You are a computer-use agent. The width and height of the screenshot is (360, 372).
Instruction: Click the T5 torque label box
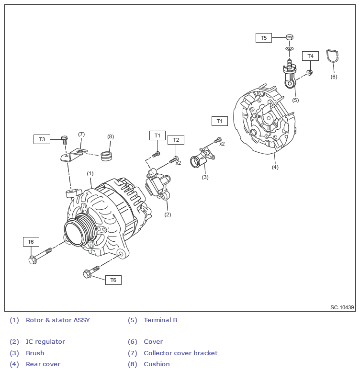pyautogui.click(x=263, y=37)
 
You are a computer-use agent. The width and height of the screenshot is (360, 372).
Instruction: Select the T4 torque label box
pyautogui.click(x=310, y=56)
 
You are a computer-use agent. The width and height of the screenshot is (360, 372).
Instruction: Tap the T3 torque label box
pyautogui.click(x=42, y=139)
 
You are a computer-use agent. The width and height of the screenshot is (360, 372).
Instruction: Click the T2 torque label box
pyautogui.click(x=176, y=140)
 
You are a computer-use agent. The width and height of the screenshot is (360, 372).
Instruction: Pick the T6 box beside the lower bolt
pyautogui.click(x=113, y=280)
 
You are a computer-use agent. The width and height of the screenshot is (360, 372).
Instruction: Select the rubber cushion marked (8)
pyautogui.click(x=109, y=156)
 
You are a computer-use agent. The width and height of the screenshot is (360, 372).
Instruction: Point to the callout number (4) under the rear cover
pyautogui.click(x=275, y=167)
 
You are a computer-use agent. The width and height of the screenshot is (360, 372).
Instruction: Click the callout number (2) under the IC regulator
pyautogui.click(x=168, y=214)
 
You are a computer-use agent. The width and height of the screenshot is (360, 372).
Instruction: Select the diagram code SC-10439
pyautogui.click(x=342, y=307)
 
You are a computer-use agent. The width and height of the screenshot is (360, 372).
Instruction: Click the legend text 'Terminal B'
pyautogui.click(x=160, y=320)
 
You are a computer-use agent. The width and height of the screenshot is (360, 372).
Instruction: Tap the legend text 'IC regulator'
pyautogui.click(x=45, y=342)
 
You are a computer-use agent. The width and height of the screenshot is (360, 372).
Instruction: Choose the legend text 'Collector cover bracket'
pyautogui.click(x=180, y=353)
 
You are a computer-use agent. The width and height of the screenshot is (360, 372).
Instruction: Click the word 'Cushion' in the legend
pyautogui.click(x=157, y=364)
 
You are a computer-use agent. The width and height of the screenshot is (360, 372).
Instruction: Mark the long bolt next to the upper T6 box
pyautogui.click(x=40, y=255)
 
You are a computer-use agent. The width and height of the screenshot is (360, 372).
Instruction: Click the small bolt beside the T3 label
pyautogui.click(x=65, y=139)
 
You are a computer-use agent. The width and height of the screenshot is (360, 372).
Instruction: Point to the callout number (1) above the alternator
pyautogui.click(x=90, y=173)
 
